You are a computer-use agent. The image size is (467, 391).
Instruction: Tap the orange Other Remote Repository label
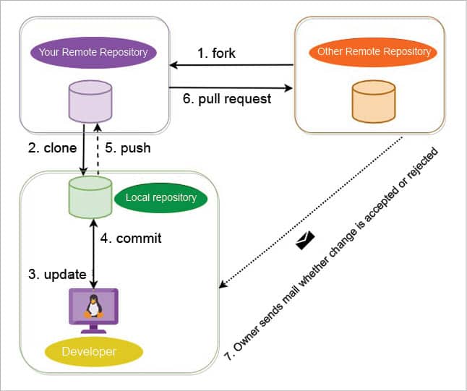pos(374,51)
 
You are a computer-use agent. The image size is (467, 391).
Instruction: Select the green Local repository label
pos(160,197)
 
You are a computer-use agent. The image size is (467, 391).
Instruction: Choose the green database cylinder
pos(90,197)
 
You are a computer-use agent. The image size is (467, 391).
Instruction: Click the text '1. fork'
pos(217,53)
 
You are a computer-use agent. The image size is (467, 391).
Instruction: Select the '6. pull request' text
pos(227,99)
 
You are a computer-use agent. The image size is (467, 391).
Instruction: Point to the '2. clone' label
pos(51,148)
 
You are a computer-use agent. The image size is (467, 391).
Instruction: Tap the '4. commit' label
pos(129,237)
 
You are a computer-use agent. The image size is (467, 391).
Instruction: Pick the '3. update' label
pos(54,274)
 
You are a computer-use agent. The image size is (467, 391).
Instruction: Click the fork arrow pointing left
pos(231,66)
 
